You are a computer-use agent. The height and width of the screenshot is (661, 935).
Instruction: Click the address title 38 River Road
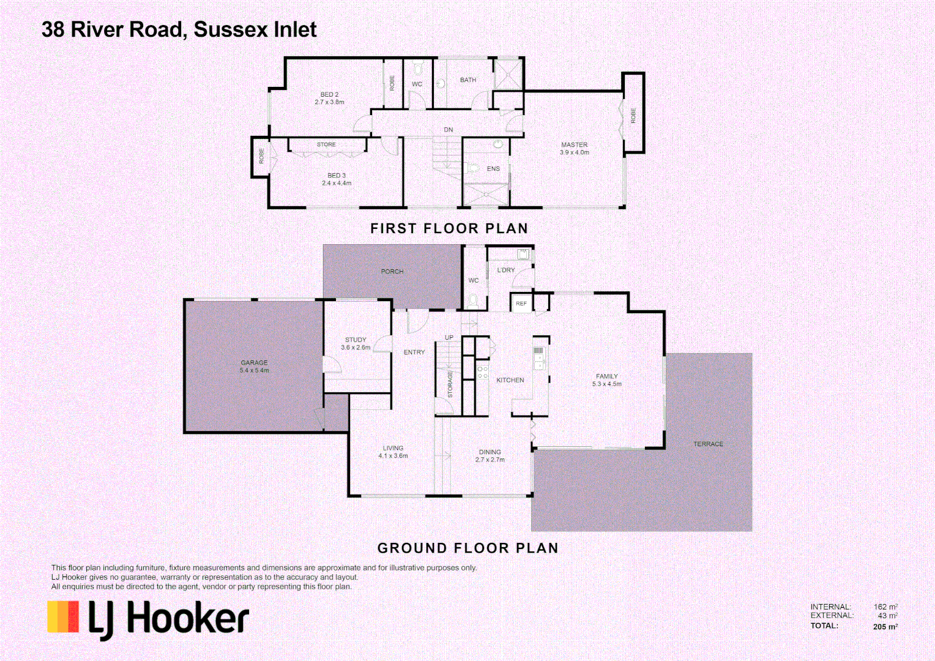(179, 29)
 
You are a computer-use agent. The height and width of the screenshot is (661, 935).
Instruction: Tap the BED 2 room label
(329, 94)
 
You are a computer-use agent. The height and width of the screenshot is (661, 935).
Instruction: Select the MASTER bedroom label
(574, 145)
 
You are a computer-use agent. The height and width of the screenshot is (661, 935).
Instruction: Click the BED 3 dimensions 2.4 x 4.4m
(337, 183)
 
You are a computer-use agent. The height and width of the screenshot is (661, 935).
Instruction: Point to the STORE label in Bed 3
(326, 144)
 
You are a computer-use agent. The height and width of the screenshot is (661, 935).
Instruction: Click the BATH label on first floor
(468, 80)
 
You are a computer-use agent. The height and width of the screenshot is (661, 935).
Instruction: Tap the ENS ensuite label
(493, 169)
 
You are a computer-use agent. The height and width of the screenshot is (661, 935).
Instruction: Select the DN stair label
(449, 130)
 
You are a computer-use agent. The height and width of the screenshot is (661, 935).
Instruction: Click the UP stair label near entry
(449, 338)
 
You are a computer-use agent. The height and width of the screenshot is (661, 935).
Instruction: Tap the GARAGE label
(254, 362)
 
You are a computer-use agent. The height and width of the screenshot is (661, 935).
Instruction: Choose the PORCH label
(392, 271)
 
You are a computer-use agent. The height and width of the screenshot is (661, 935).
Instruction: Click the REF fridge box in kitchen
(521, 304)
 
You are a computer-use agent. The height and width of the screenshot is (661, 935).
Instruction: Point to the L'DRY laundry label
(506, 270)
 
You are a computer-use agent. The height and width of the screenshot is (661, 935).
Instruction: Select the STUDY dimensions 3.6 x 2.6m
(356, 348)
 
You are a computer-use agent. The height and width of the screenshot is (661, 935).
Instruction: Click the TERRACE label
(708, 444)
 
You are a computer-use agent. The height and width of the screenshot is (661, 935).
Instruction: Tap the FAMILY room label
(607, 376)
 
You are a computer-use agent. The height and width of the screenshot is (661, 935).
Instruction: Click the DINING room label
(490, 452)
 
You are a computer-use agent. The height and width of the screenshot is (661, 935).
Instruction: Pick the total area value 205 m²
(885, 627)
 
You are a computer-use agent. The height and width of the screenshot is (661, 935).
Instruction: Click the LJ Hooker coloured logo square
(64, 616)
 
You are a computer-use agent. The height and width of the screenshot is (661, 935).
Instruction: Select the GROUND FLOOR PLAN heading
(467, 548)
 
